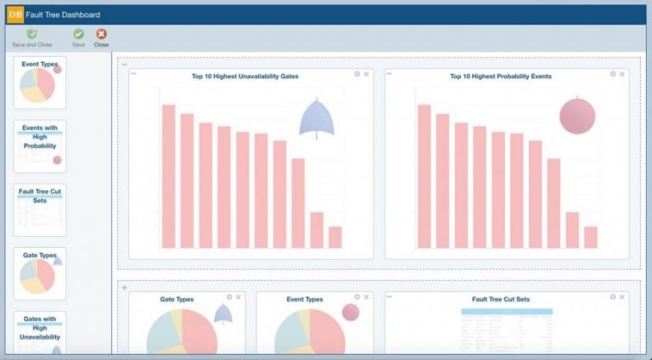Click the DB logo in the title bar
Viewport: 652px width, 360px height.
(15, 14)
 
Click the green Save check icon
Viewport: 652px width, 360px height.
(78, 34)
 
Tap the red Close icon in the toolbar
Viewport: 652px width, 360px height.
(101, 34)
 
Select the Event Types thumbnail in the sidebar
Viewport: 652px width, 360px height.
(40, 82)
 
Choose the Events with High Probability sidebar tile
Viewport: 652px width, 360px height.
(40, 145)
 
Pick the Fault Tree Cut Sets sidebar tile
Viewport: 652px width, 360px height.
(40, 211)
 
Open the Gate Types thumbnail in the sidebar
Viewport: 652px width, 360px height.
(40, 273)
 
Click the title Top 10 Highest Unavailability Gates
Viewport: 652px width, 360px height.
(244, 76)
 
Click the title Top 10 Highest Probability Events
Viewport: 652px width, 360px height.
(501, 76)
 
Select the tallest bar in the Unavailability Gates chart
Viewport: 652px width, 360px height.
(168, 176)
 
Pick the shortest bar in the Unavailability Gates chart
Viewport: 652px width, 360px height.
(335, 237)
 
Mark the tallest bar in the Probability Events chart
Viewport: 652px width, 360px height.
(424, 176)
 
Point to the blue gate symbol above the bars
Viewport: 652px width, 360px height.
(316, 118)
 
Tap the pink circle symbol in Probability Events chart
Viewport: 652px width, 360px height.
(577, 116)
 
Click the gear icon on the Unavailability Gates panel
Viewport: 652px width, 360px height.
(357, 74)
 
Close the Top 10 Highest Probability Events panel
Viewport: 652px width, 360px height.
(622, 74)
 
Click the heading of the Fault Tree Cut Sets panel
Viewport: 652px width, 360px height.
(501, 300)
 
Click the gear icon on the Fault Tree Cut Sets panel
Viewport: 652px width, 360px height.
(613, 297)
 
